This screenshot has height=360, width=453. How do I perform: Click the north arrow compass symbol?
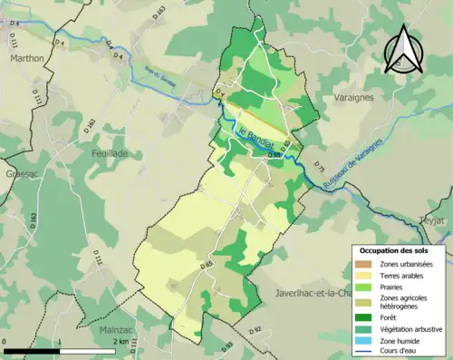tap(402, 51)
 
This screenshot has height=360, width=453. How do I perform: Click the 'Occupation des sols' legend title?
tap(394, 249)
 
